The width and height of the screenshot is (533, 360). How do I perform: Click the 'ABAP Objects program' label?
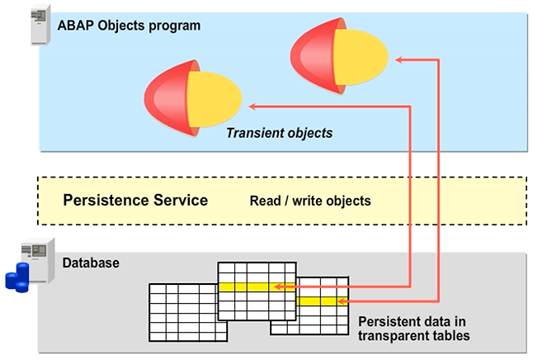129,25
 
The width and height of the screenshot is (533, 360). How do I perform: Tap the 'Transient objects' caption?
280,132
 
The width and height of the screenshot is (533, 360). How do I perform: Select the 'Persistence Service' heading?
135,200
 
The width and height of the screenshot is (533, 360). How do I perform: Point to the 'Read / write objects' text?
310,201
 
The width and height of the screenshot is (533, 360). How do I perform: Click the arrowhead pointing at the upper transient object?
399,59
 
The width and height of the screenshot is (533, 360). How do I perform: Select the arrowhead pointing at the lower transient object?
254,106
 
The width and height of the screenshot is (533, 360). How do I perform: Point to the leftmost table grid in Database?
182,311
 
